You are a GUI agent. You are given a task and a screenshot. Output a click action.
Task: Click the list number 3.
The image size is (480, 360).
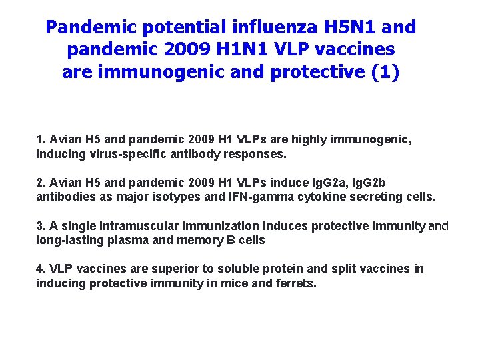coord(40,226)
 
